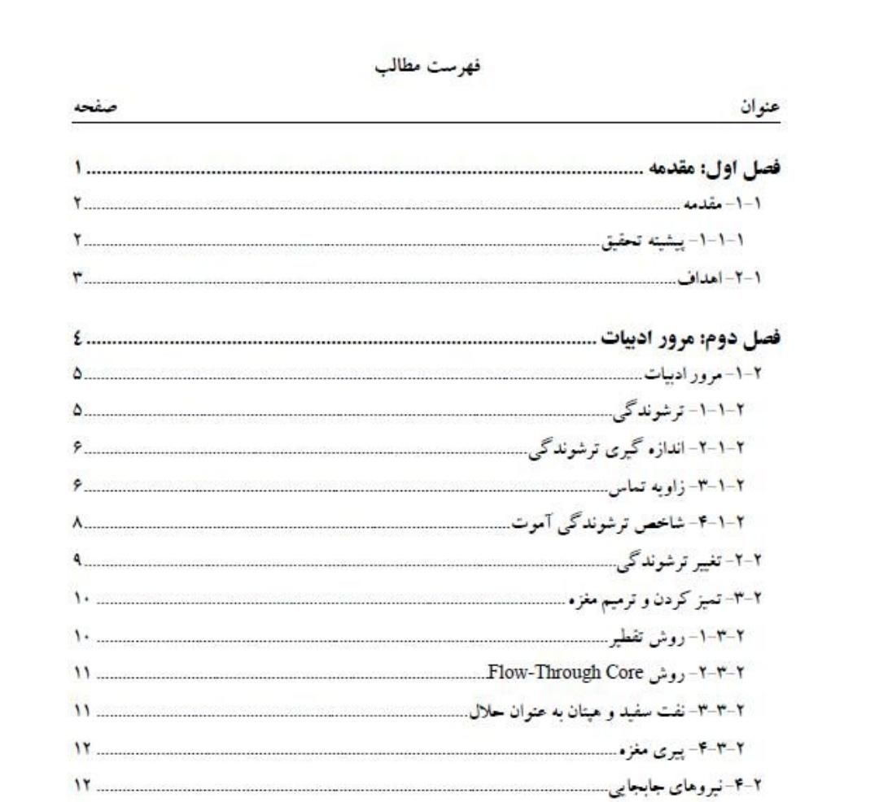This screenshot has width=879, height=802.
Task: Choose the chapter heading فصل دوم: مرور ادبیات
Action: (691, 337)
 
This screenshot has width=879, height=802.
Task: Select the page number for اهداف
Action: (77, 279)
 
